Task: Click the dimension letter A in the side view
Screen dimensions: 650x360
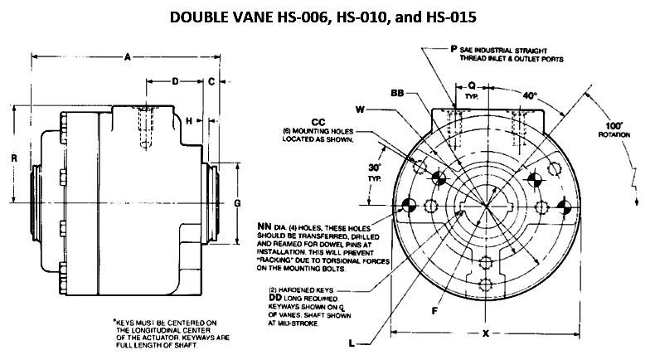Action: [128, 56]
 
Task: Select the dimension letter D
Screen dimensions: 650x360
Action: [176, 81]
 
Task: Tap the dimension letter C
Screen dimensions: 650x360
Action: [211, 81]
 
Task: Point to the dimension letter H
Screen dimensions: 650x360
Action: [189, 121]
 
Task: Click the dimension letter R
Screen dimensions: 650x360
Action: [15, 158]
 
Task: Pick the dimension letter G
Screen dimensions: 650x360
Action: [237, 203]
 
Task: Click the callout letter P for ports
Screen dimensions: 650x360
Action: [454, 49]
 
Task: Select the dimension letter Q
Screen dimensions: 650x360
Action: [472, 85]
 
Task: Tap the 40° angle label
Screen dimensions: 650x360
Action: [529, 96]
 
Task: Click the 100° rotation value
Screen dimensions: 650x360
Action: [614, 126]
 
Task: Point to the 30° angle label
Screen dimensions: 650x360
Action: [375, 168]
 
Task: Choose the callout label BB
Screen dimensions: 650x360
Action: [397, 93]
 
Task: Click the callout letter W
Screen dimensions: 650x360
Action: [360, 109]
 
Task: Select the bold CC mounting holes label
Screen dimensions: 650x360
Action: [318, 123]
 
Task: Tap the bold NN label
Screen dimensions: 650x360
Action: [264, 226]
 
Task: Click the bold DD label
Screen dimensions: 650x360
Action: [275, 298]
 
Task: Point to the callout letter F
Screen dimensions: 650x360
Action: [434, 310]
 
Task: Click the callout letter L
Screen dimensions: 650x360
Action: [352, 343]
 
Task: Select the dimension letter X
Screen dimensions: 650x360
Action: [486, 333]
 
